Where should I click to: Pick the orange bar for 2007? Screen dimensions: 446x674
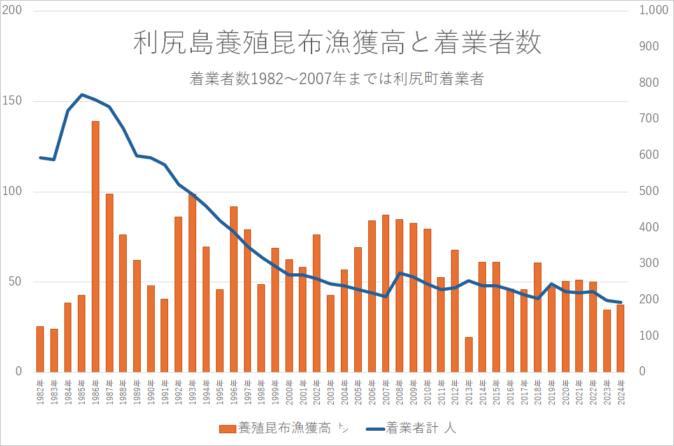pyautogui.click(x=386, y=293)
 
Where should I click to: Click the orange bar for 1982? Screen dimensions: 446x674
pyautogui.click(x=40, y=349)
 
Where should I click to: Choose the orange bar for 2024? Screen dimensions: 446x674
pyautogui.click(x=620, y=338)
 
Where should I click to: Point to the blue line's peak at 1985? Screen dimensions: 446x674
pyautogui.click(x=82, y=95)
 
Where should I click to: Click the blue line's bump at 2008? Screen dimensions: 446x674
pyautogui.click(x=399, y=273)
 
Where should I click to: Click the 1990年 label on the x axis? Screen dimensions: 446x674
pyautogui.click(x=151, y=389)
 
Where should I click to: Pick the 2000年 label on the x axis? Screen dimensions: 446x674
pyautogui.click(x=289, y=389)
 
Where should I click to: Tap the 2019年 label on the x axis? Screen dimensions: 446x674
pyautogui.click(x=552, y=389)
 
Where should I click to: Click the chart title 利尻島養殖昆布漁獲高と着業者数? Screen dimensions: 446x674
pyautogui.click(x=337, y=43)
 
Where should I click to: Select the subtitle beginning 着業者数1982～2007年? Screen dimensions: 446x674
pyautogui.click(x=337, y=79)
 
